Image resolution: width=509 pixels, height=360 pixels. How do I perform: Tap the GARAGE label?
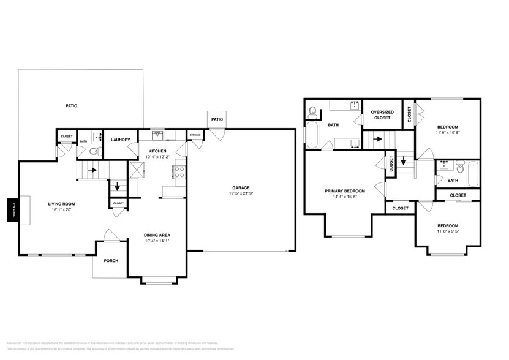(239, 188)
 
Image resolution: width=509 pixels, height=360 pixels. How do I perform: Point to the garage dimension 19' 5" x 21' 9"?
(239, 194)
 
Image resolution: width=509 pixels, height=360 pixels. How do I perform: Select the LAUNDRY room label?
(120, 140)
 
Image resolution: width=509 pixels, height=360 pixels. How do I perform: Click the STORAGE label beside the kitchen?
(195, 134)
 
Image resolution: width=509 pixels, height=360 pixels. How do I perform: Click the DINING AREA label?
(157, 235)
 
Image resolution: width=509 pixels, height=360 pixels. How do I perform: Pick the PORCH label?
(111, 260)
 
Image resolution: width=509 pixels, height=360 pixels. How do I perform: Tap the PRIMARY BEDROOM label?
(345, 190)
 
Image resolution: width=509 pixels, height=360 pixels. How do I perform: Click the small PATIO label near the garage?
(217, 119)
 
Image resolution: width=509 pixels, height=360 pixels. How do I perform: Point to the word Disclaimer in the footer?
(14, 343)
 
